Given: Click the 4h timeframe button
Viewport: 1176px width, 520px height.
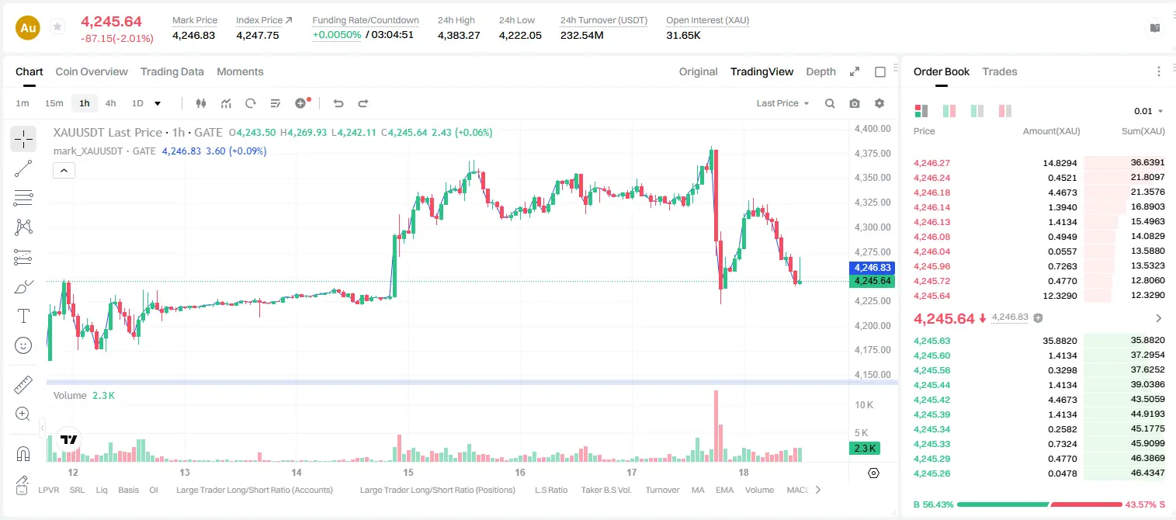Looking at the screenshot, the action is pyautogui.click(x=110, y=103).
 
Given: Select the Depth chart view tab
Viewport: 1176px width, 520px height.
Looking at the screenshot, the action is pyautogui.click(x=820, y=72).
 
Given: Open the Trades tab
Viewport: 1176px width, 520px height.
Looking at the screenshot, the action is pyautogui.click(x=1000, y=72).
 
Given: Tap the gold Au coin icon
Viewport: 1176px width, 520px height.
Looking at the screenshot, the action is pyautogui.click(x=28, y=28).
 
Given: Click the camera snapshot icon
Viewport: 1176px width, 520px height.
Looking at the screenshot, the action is pyautogui.click(x=855, y=103).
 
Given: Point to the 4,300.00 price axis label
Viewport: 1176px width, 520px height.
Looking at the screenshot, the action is pyautogui.click(x=872, y=227).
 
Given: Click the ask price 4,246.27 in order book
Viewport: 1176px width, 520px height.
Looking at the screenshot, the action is pyautogui.click(x=932, y=163).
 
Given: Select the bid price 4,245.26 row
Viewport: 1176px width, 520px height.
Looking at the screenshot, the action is pyautogui.click(x=932, y=473).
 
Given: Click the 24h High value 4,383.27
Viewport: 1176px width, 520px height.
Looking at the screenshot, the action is pyautogui.click(x=459, y=35).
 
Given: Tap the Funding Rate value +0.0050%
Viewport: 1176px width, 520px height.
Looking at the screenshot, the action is pyautogui.click(x=337, y=35).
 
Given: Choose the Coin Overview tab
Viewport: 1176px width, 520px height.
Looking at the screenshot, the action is pyautogui.click(x=92, y=72).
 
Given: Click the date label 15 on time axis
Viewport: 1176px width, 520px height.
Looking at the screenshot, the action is pyautogui.click(x=408, y=472).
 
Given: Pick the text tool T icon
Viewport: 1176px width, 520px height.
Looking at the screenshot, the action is pyautogui.click(x=23, y=317).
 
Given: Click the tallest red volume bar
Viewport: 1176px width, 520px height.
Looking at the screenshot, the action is pyautogui.click(x=716, y=425).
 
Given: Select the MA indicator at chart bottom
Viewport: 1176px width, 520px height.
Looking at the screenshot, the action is pyautogui.click(x=698, y=490).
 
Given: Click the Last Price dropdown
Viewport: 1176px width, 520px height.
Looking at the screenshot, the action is pyautogui.click(x=782, y=103).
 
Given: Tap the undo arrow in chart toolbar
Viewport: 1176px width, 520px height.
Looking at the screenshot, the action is pyautogui.click(x=338, y=103).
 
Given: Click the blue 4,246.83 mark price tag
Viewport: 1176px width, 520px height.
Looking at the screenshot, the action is pyautogui.click(x=872, y=268).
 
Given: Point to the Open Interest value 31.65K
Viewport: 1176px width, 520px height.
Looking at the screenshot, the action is pyautogui.click(x=684, y=35).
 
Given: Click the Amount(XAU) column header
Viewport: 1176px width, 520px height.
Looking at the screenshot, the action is pyautogui.click(x=1051, y=131).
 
